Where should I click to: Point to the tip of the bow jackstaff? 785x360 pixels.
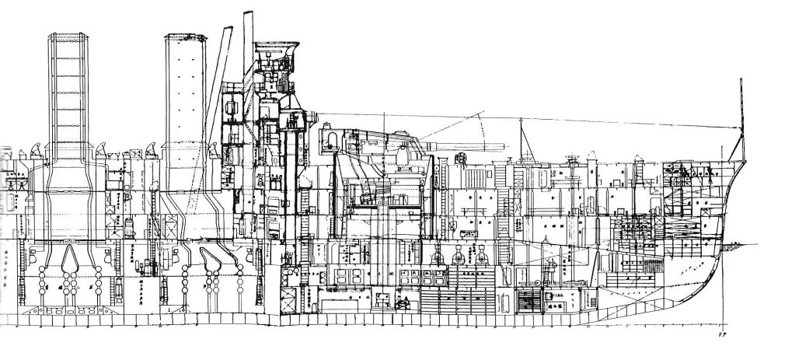click(741, 79)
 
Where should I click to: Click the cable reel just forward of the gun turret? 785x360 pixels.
click(459, 160)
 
